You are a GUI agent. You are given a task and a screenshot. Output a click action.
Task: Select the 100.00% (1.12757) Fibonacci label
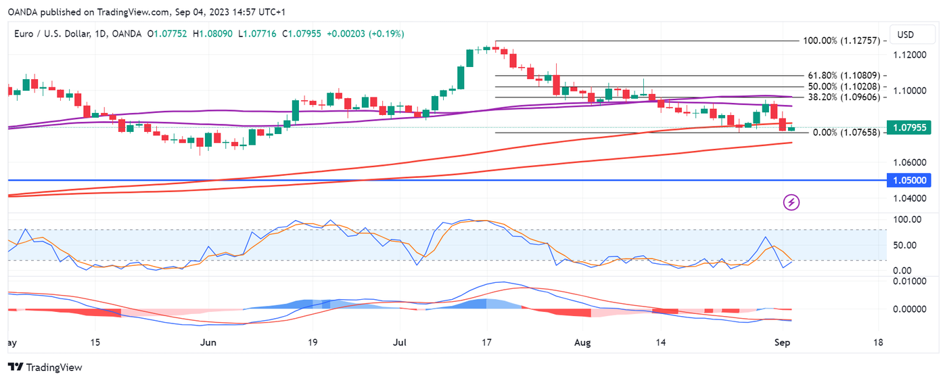pos(841,41)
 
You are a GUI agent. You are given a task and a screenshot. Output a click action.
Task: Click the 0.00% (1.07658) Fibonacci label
pos(846,133)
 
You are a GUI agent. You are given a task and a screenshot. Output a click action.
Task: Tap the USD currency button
pos(906,35)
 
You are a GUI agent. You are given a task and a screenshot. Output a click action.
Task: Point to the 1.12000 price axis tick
pos(909,54)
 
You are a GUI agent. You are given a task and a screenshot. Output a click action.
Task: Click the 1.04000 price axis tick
pos(909,198)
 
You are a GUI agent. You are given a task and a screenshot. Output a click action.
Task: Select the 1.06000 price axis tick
pos(909,162)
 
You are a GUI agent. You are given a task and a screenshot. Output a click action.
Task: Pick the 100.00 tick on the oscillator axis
pos(907,220)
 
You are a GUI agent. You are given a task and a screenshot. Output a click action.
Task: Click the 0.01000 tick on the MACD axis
pos(908,281)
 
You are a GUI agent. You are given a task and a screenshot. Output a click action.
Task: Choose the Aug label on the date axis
pos(582,342)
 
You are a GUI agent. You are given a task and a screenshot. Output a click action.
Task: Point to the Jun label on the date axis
pos(208,342)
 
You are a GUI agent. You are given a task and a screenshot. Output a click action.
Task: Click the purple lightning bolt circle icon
pos(791,202)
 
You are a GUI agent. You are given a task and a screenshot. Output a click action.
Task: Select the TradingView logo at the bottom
pos(45,367)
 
